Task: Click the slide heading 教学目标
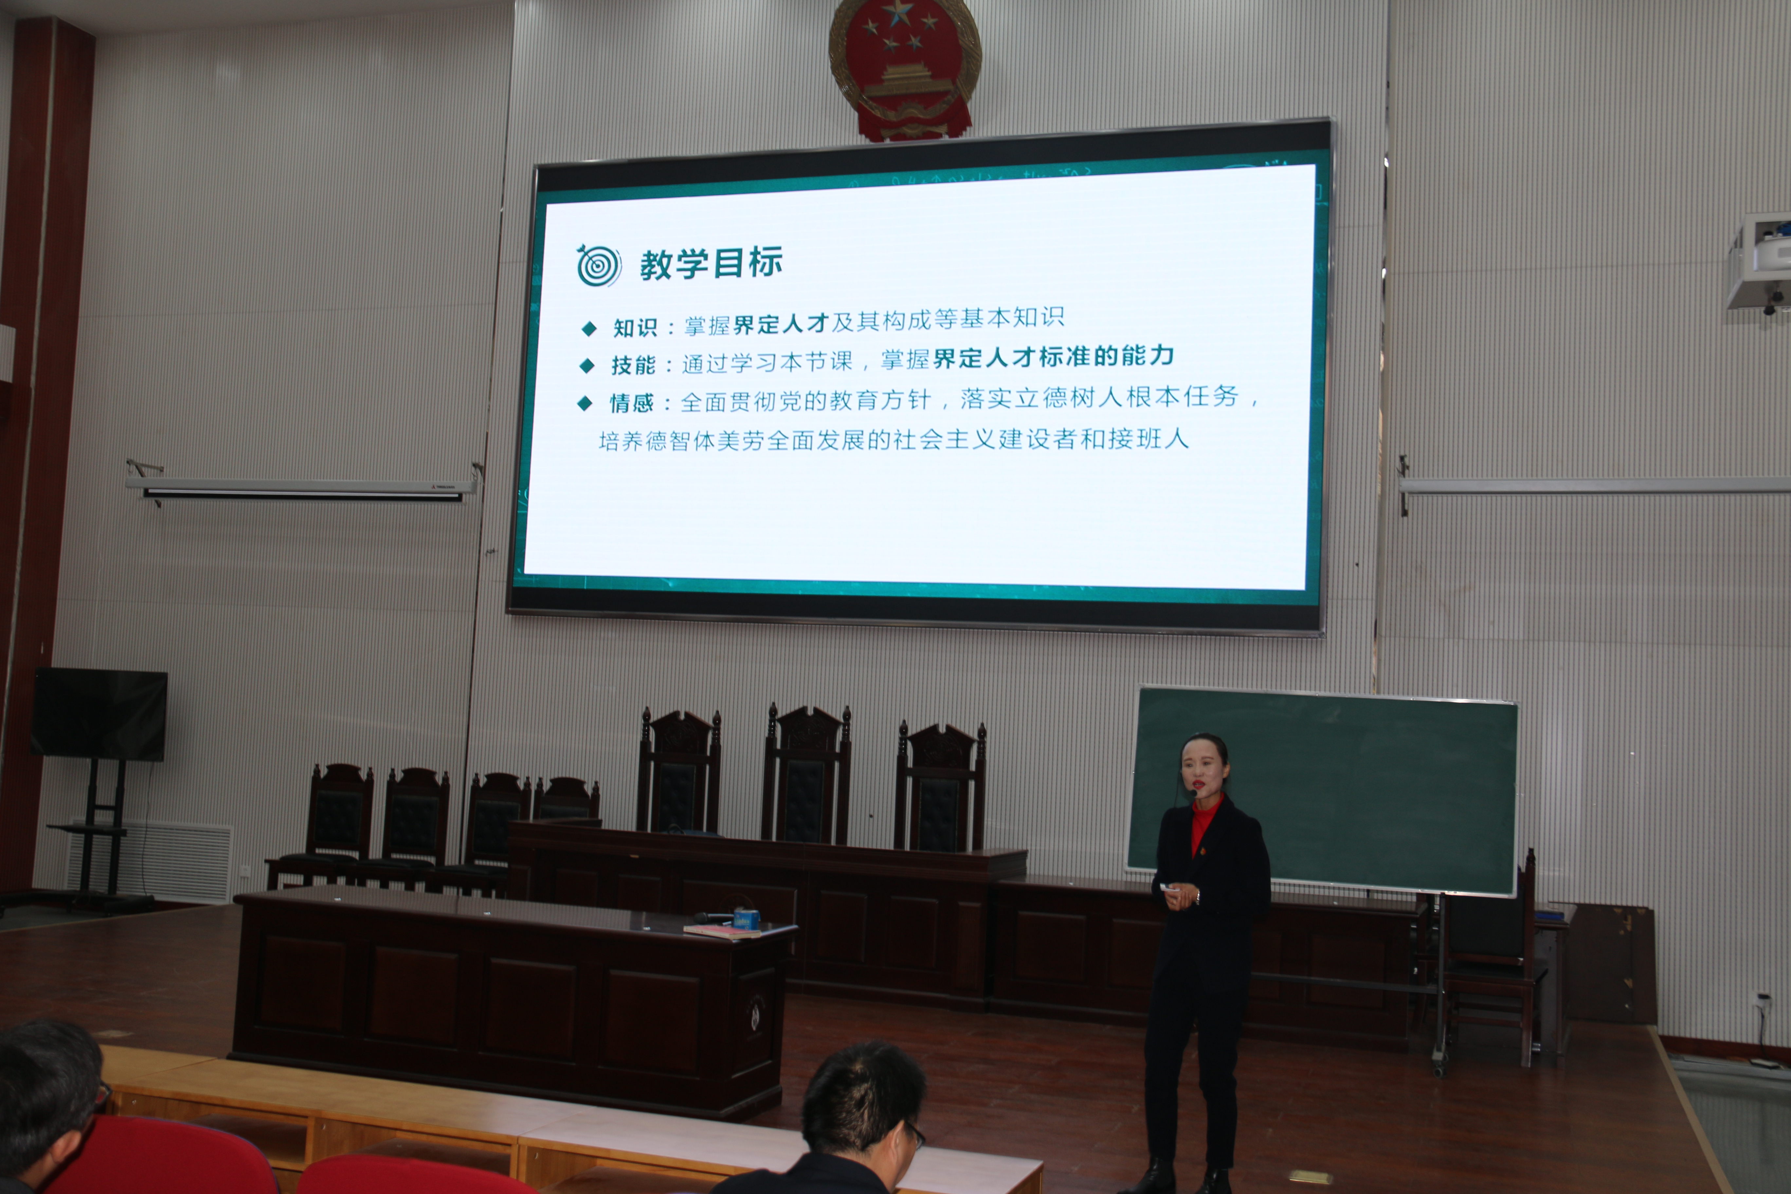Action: pos(711,263)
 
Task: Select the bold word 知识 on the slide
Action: pos(634,327)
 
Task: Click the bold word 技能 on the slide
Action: pos(633,365)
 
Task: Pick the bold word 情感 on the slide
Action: pos(631,402)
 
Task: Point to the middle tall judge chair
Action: pos(806,777)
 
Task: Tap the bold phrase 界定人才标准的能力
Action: pos(1053,356)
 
